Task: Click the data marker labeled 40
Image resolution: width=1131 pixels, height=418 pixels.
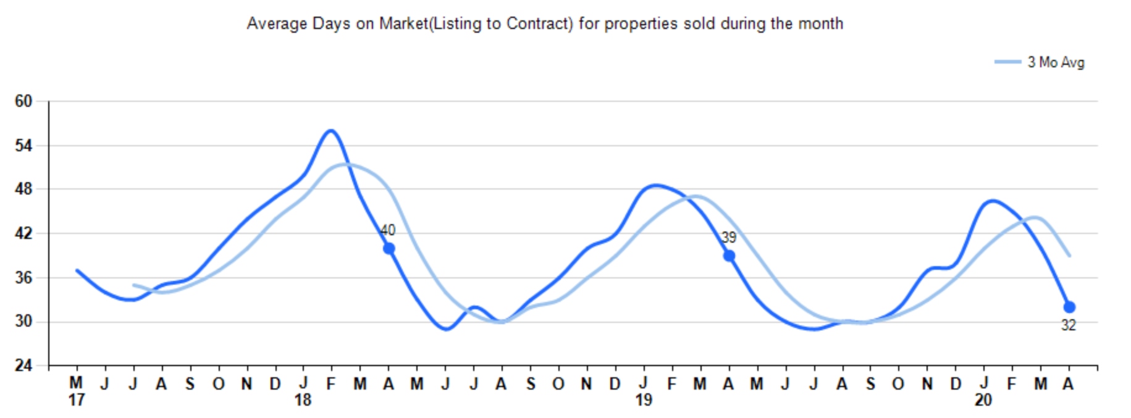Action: click(x=389, y=248)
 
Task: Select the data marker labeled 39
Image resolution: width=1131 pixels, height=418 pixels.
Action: click(x=729, y=256)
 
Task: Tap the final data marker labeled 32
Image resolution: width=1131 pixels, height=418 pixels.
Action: click(x=1069, y=307)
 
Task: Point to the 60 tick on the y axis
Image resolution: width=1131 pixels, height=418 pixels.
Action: click(x=23, y=101)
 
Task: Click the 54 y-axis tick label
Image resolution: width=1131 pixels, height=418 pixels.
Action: click(x=23, y=146)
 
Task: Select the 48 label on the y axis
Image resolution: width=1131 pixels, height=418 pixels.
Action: click(x=23, y=189)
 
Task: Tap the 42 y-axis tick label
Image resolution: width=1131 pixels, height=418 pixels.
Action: click(x=23, y=233)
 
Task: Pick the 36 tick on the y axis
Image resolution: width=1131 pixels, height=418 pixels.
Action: click(x=23, y=278)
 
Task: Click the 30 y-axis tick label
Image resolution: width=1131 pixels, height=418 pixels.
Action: click(x=23, y=322)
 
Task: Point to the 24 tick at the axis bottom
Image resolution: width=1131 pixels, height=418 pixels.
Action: click(x=23, y=366)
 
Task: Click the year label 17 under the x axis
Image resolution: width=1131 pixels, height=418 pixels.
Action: click(x=76, y=400)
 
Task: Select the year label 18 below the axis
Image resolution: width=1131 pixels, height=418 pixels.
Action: click(x=303, y=400)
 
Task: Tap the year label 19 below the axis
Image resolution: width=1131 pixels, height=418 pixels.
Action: click(x=644, y=400)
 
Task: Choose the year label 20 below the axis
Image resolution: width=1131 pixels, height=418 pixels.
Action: click(x=983, y=400)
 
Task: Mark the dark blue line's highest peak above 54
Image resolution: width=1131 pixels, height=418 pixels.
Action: click(x=331, y=130)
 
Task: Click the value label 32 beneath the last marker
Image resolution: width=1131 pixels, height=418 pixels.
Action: click(x=1069, y=325)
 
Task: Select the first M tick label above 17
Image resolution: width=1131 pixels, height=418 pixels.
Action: click(x=76, y=383)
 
